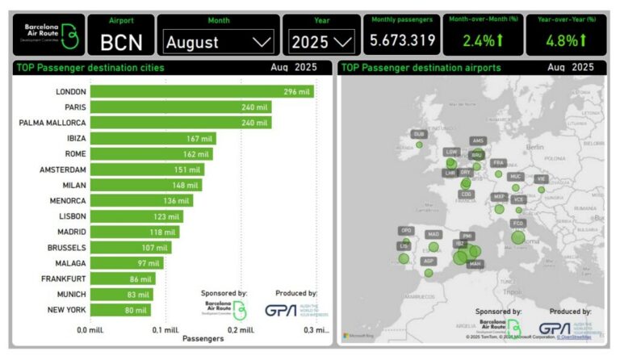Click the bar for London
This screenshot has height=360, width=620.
point(202,92)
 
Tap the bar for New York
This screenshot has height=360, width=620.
point(120,309)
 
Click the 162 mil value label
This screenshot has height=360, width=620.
point(196,154)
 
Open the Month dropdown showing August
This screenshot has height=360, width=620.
point(218,40)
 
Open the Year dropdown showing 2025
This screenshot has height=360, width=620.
point(322,40)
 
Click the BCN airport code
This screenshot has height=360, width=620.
point(121,41)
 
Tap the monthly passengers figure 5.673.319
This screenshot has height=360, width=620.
point(403,40)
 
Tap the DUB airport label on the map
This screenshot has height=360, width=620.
point(418,134)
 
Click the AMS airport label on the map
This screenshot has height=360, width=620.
point(478,140)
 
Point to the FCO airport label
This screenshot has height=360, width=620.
point(518,223)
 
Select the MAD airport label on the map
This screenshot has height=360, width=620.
point(434,234)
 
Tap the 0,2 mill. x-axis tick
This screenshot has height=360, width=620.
point(240,329)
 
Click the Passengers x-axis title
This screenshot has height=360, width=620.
point(203,339)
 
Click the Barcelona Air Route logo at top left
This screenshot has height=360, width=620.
point(49,34)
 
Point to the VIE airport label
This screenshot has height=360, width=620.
point(541,178)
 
